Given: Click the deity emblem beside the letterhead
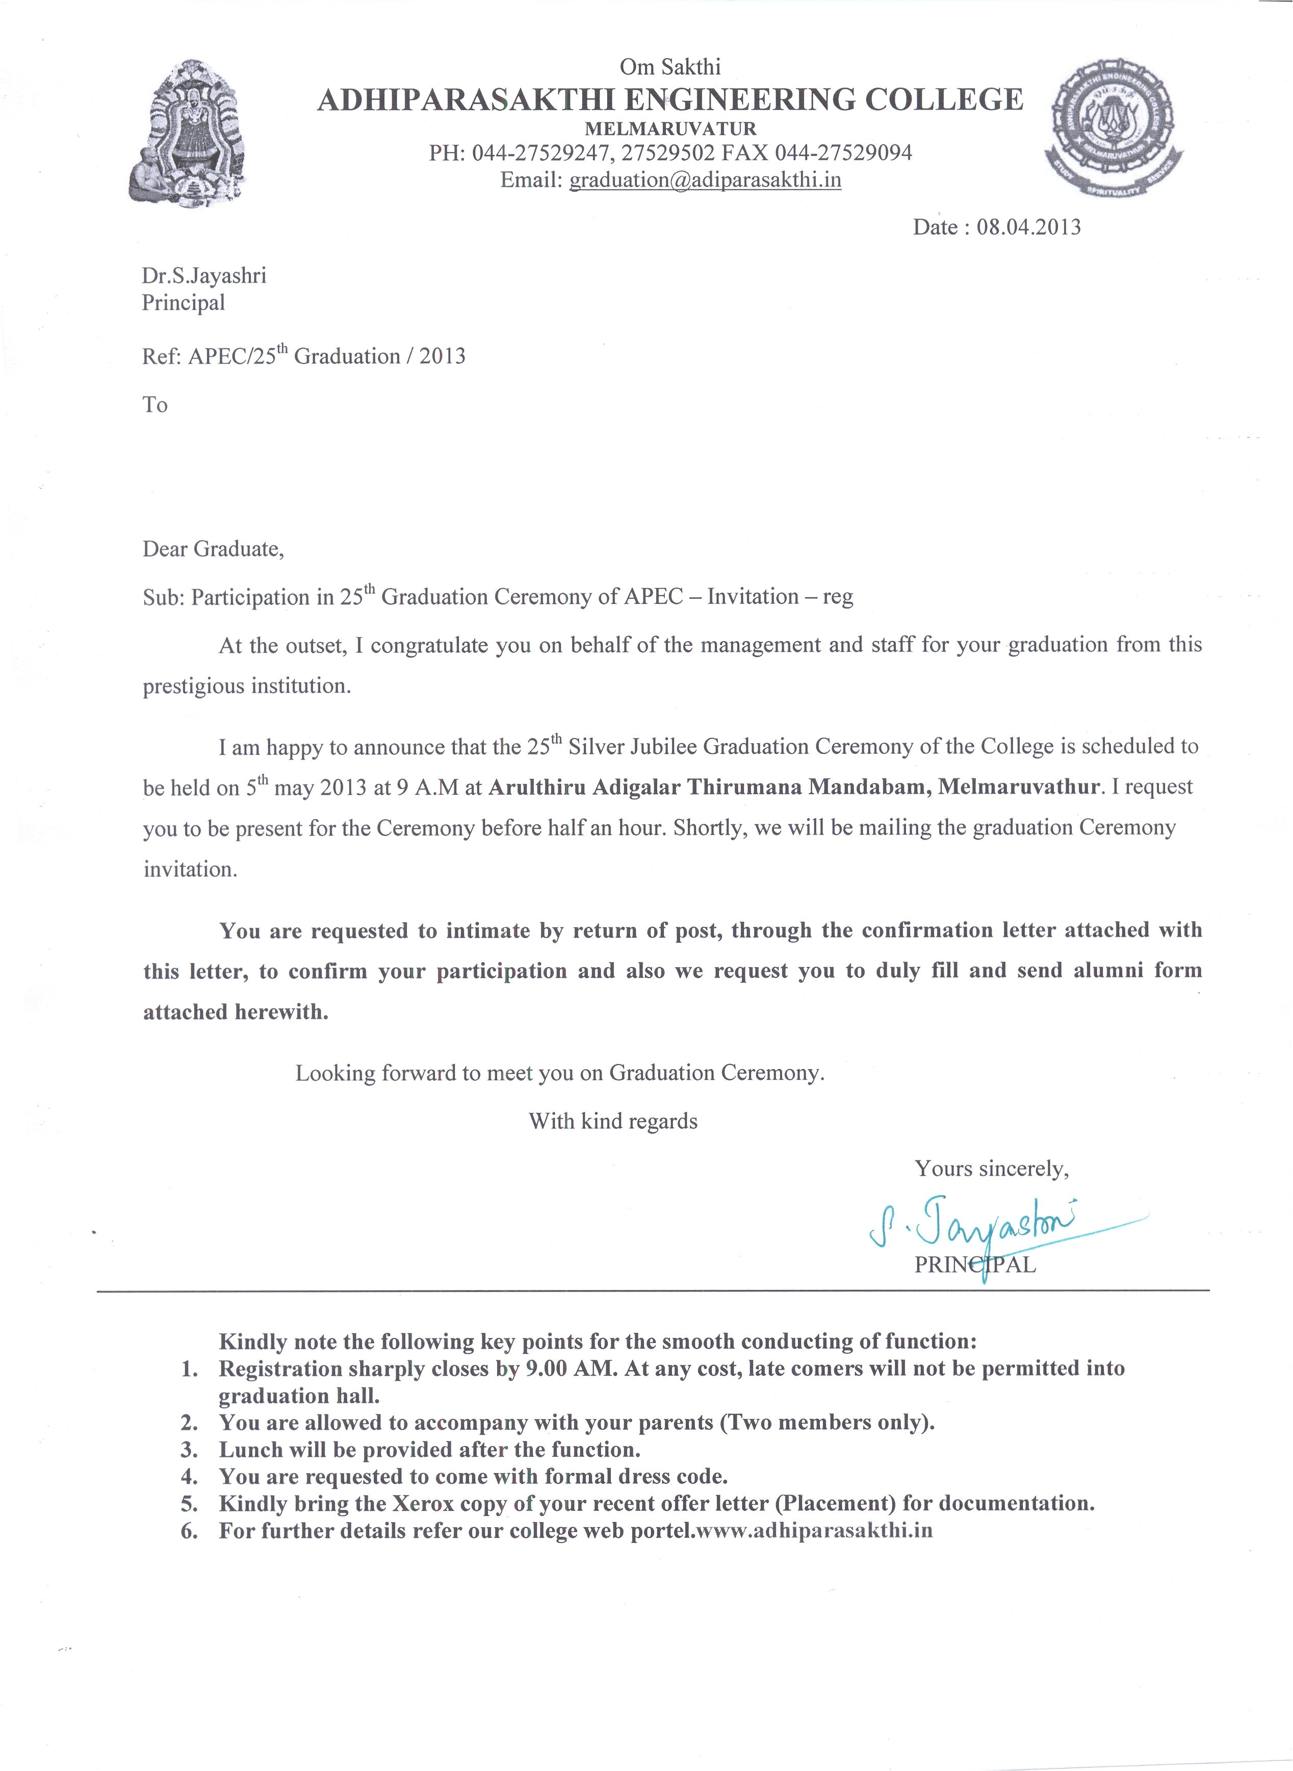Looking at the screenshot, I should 189,134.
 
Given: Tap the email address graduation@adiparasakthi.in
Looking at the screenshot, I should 705,180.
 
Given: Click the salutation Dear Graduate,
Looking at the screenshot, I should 213,549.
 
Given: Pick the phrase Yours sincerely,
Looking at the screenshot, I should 992,1169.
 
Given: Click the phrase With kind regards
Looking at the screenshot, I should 613,1121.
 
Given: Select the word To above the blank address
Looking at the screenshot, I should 155,405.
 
